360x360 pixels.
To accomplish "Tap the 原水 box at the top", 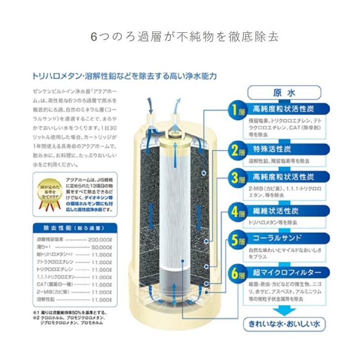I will click(x=284, y=93).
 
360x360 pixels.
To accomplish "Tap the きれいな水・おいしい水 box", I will click(x=284, y=323).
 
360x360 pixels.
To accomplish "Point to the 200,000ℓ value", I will click(x=100, y=240).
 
